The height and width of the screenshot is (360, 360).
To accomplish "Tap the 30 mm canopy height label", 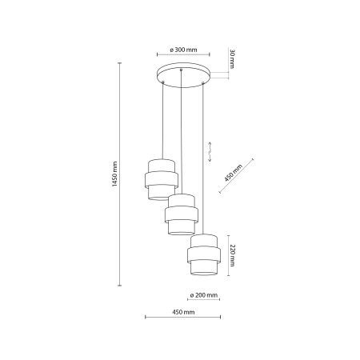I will pos(233,60).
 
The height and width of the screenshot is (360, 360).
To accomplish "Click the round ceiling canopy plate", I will pos(182,74).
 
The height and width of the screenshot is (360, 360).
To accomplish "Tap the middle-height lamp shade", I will pos(182,214).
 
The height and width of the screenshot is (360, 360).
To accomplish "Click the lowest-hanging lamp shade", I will pos(204,255).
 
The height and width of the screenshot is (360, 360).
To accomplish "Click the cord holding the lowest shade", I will pos(204,160).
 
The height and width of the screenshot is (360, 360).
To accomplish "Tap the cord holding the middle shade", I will pos(182,136).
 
